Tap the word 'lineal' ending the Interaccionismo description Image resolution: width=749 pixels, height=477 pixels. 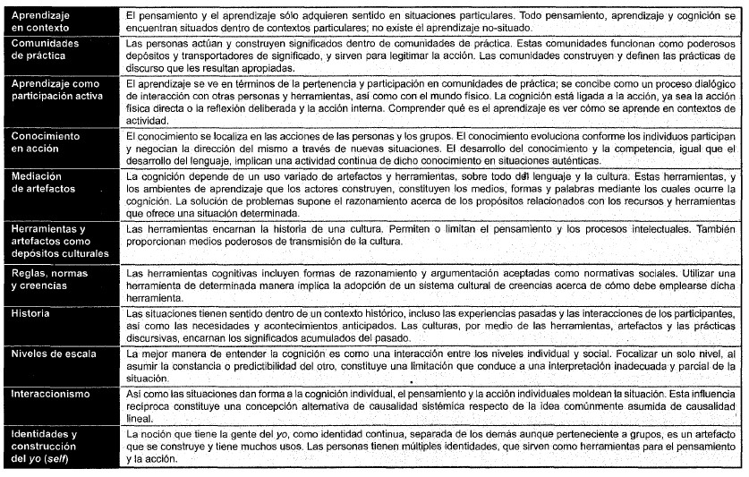139,418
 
